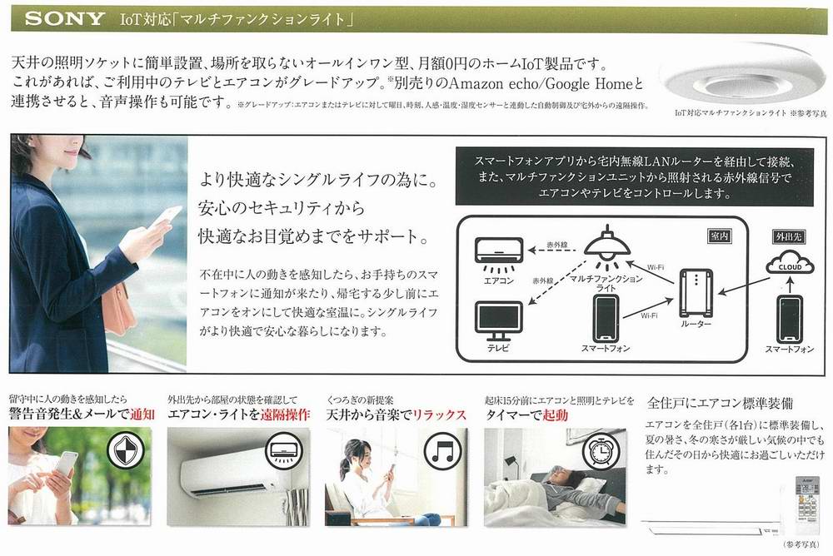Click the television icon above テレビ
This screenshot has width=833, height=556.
[x=498, y=317]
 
